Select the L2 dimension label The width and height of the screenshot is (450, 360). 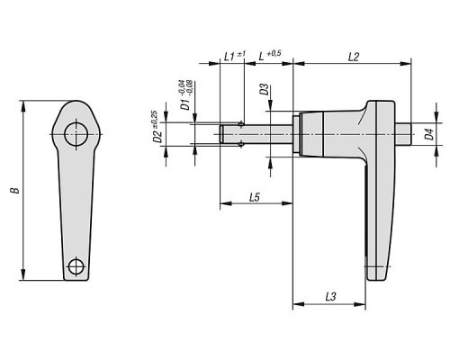(x=354, y=57)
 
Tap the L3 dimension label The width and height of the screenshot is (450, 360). (x=330, y=297)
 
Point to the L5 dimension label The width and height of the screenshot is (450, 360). (x=255, y=197)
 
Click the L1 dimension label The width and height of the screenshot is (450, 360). (x=229, y=57)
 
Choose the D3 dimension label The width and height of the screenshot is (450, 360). (x=265, y=89)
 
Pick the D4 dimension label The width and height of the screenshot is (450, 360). (x=430, y=134)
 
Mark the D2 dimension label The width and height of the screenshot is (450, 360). (x=157, y=137)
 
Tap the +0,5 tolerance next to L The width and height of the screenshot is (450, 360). (x=274, y=53)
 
